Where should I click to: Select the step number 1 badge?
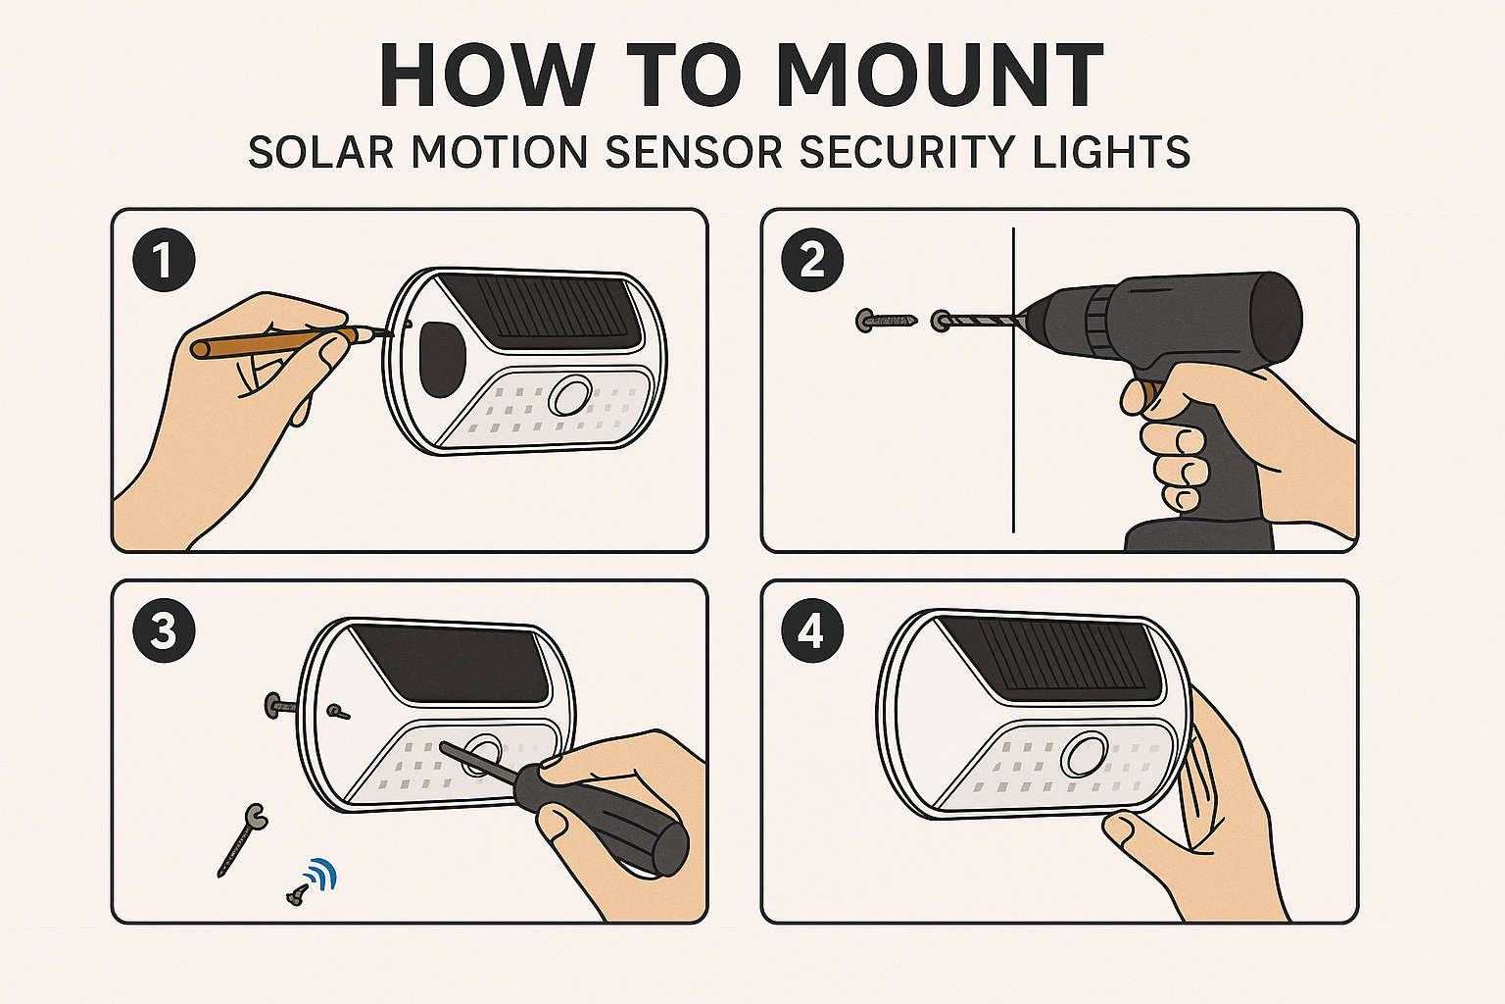click(164, 260)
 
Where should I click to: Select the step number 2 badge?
click(813, 260)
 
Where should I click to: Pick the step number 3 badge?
click(164, 632)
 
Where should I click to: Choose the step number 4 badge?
click(813, 632)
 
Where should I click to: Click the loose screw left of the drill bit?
click(887, 321)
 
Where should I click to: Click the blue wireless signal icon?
click(321, 876)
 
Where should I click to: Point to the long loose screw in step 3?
click(242, 840)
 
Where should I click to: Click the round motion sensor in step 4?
click(1085, 756)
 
